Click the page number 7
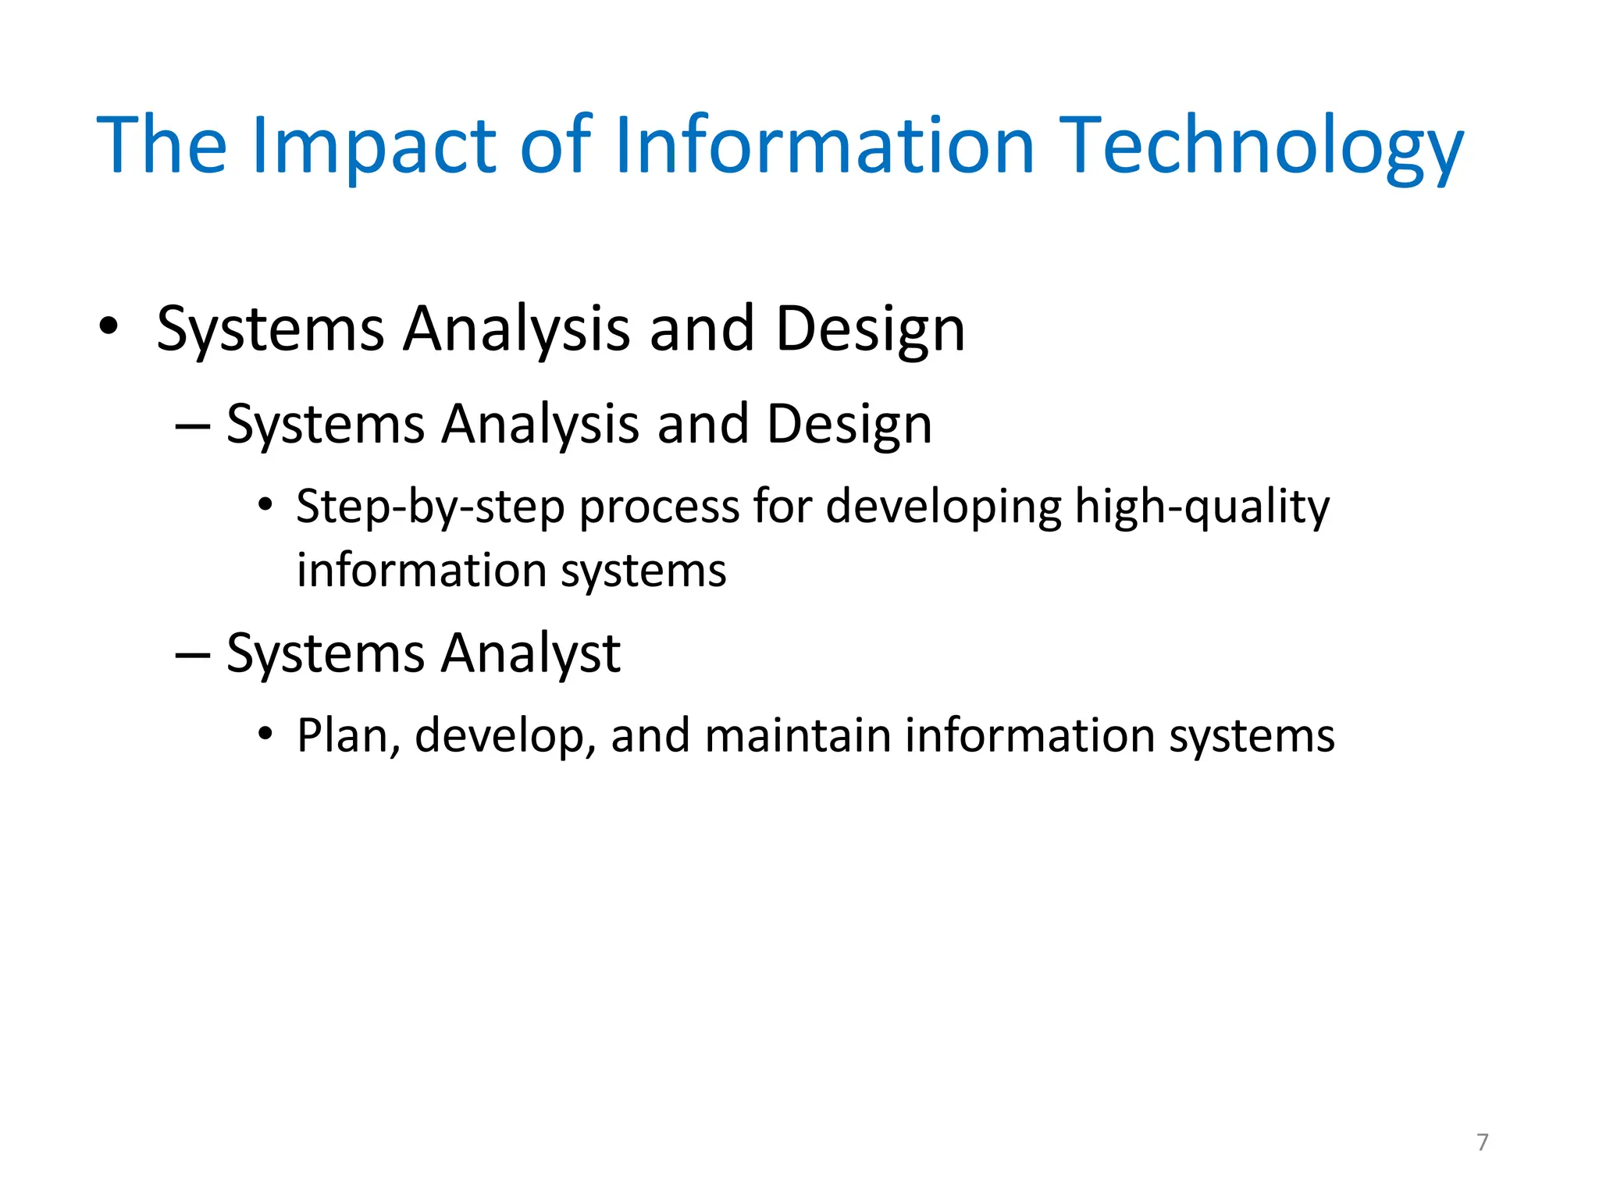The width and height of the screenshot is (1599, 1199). tap(1482, 1142)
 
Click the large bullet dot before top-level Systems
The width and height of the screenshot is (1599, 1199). tap(109, 327)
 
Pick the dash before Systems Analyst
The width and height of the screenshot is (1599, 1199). tap(193, 654)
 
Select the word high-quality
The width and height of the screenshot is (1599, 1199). tap(1202, 507)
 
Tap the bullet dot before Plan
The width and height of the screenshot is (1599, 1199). tap(266, 735)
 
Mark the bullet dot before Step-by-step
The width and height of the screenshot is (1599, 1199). tap(266, 505)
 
